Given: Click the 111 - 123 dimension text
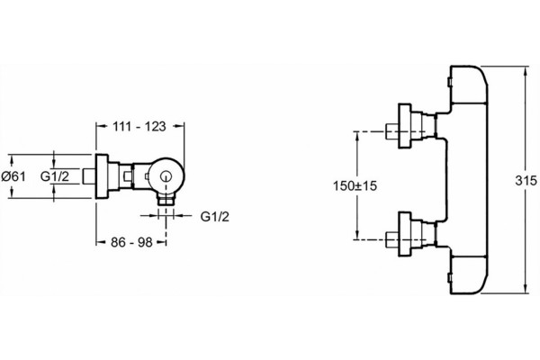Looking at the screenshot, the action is pyautogui.click(x=139, y=126).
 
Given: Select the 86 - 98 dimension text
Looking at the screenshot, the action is pyautogui.click(x=131, y=242).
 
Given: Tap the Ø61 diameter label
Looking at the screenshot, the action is pyautogui.click(x=13, y=176).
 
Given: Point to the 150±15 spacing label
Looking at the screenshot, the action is pyautogui.click(x=355, y=186).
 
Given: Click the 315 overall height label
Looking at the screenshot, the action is pyautogui.click(x=526, y=181).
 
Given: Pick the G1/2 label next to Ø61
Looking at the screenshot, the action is pyautogui.click(x=55, y=176).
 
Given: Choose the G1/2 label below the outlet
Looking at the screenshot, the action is pyautogui.click(x=215, y=217).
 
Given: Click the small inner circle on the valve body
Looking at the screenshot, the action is pyautogui.click(x=166, y=176).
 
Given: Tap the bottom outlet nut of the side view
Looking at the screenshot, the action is pyautogui.click(x=166, y=199).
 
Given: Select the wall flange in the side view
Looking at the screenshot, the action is pyautogui.click(x=102, y=176).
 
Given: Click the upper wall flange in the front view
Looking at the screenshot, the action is pyautogui.click(x=405, y=126).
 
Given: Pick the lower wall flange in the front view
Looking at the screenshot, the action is pyautogui.click(x=405, y=234).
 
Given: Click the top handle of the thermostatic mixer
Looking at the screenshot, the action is pyautogui.click(x=468, y=85).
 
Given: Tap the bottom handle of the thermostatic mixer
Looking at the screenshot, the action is pyautogui.click(x=468, y=274).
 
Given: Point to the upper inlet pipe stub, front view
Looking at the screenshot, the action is pyautogui.click(x=391, y=130).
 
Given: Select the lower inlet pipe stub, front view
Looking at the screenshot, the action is pyautogui.click(x=391, y=239).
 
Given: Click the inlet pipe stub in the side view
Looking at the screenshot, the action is pyautogui.click(x=89, y=176).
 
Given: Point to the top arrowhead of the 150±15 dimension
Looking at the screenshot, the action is pyautogui.click(x=357, y=137).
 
